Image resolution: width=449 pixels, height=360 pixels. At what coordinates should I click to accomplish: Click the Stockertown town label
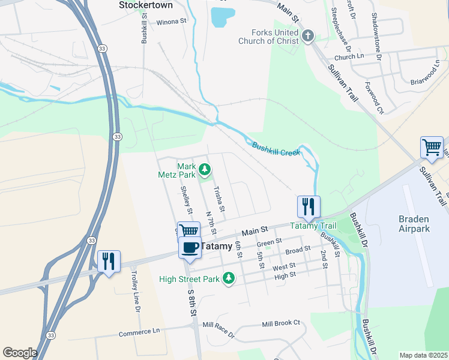tap(145, 5)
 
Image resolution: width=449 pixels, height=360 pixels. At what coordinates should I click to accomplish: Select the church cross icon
tap(307, 37)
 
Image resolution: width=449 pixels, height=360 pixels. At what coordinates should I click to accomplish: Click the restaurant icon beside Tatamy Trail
tap(309, 207)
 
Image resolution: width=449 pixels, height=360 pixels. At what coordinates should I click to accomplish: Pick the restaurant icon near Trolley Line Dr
tap(109, 262)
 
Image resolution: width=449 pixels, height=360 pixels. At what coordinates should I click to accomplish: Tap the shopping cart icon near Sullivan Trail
tap(432, 148)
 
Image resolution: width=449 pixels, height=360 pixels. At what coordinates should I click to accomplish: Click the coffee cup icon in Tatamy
tap(190, 248)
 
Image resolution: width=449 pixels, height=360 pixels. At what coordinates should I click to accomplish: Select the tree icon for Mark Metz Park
tap(205, 170)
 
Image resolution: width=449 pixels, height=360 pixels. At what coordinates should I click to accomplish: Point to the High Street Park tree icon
tap(228, 278)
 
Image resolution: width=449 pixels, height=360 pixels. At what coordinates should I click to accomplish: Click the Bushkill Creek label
tap(276, 149)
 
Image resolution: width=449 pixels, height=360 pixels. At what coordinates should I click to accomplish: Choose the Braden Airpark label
tap(414, 224)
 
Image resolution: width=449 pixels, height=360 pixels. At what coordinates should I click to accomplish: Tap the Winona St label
tap(172, 22)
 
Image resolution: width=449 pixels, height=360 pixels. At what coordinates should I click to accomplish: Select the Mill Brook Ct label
tap(280, 323)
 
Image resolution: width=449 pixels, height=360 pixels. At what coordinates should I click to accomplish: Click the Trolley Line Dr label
tap(136, 291)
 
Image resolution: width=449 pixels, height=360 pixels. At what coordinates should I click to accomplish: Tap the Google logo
tap(20, 353)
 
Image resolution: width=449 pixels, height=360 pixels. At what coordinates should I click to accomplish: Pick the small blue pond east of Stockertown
tap(222, 17)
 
